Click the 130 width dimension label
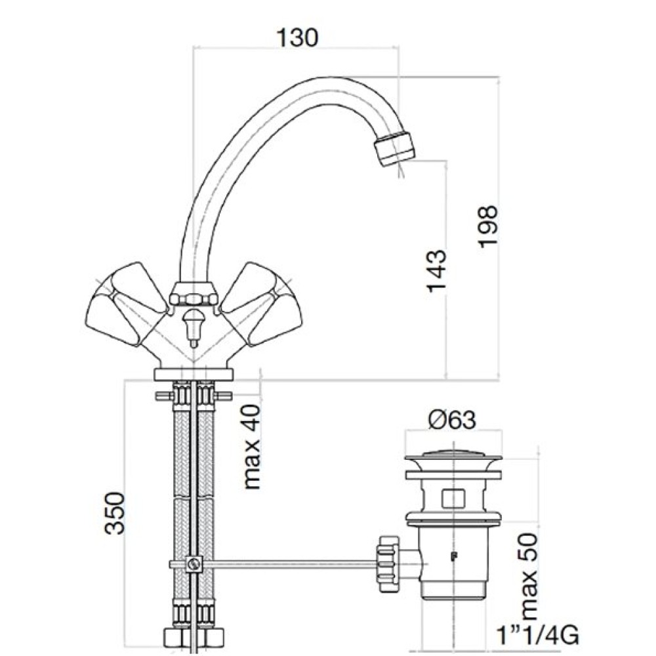pyautogui.click(x=297, y=37)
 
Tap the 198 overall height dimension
pyautogui.click(x=489, y=226)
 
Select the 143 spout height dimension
pyautogui.click(x=436, y=271)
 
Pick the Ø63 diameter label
pyautogui.click(x=453, y=419)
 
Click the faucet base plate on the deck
pyautogui.click(x=193, y=375)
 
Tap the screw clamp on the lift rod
pyautogui.click(x=194, y=564)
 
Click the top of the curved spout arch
pyautogui.click(x=308, y=85)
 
